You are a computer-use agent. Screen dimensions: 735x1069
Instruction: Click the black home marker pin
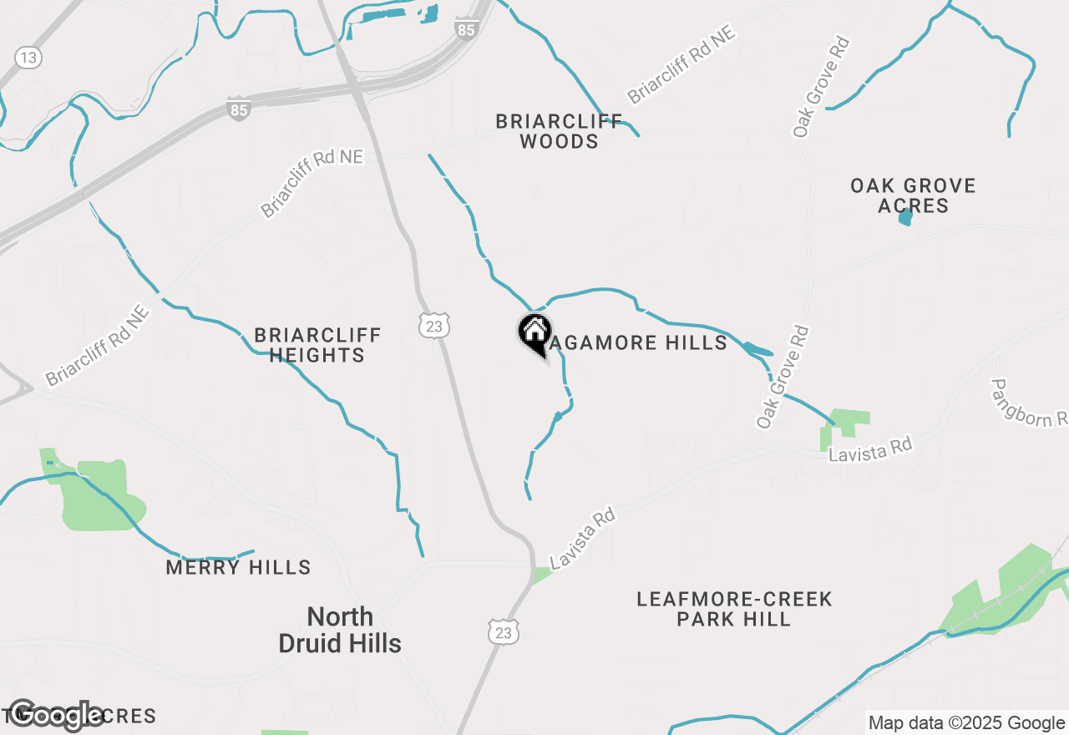tap(534, 332)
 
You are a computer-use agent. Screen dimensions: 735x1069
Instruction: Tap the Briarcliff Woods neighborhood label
tap(559, 131)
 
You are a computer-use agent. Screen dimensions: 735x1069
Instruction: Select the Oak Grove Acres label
tap(913, 195)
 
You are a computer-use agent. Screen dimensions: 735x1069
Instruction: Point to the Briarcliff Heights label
tap(317, 345)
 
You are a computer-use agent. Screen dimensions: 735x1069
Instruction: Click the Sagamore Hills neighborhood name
tap(639, 342)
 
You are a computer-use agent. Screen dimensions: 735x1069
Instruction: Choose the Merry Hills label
tap(238, 568)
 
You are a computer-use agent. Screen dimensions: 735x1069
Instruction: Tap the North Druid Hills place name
tap(340, 630)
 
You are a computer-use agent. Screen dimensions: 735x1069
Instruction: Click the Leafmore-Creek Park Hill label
tap(734, 609)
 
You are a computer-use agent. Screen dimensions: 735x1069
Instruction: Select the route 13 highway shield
tap(28, 57)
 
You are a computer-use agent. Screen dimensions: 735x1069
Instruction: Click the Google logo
tap(57, 715)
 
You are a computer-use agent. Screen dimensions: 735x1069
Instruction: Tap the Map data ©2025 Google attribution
tap(966, 723)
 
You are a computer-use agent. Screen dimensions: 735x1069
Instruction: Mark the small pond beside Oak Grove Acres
tap(905, 217)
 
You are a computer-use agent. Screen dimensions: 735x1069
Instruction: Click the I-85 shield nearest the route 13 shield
tap(238, 109)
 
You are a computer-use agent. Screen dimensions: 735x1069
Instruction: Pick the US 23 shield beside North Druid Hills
tap(504, 633)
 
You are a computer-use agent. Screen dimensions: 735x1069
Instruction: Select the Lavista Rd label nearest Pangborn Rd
tap(869, 449)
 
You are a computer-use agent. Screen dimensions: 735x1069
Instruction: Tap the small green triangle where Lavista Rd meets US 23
tap(542, 575)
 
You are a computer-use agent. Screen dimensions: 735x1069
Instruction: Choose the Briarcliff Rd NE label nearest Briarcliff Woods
tap(681, 65)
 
